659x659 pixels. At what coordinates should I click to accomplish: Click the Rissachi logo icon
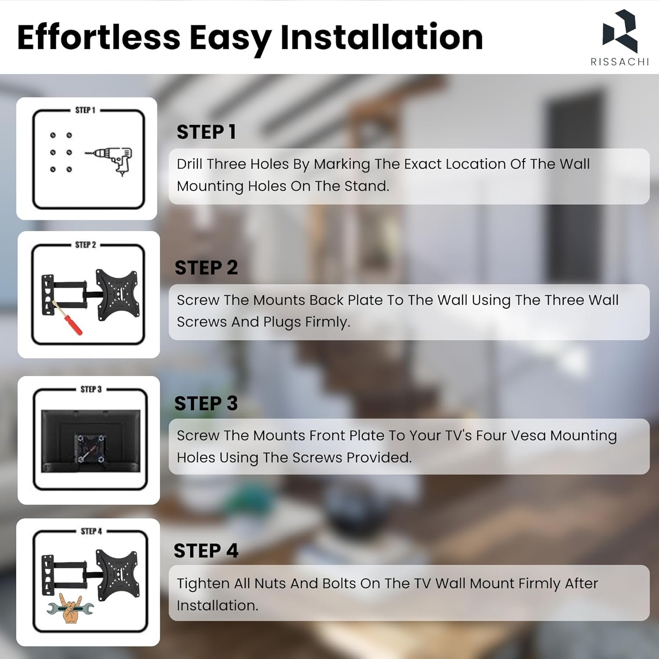pos(619,31)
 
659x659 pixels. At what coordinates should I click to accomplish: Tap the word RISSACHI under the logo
pos(619,62)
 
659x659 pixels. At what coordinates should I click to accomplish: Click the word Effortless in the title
pos(99,37)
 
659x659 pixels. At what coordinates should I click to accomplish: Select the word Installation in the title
pos(381,37)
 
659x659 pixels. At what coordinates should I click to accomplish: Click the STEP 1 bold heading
pos(206,132)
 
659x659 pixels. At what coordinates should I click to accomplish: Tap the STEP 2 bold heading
pos(206,268)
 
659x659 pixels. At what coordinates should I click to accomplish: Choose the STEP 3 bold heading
pos(206,403)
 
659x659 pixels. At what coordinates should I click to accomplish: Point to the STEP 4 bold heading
pos(206,550)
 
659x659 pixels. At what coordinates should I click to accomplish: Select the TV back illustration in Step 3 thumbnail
pos(91,441)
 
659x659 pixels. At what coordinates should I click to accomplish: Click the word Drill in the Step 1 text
pos(189,164)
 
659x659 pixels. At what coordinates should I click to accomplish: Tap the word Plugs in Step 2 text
pos(281,322)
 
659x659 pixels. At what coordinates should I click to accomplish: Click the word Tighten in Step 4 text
pos(203,584)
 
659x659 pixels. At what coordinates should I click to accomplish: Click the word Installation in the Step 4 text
pos(217,605)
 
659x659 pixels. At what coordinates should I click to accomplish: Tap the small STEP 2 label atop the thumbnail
pos(85,245)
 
